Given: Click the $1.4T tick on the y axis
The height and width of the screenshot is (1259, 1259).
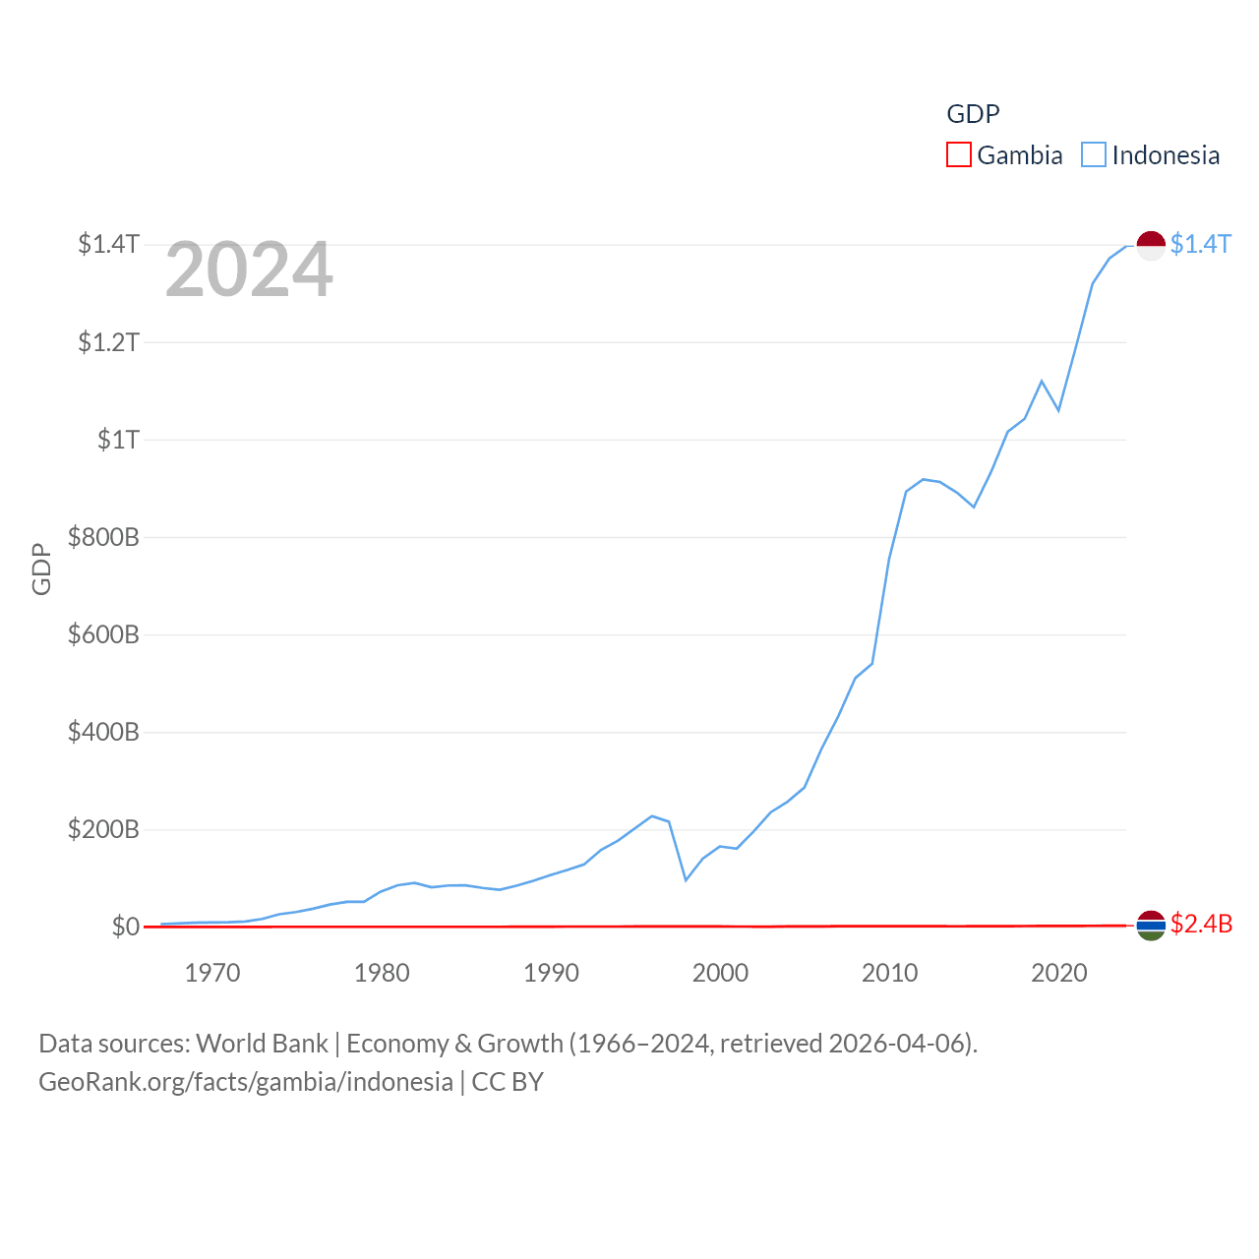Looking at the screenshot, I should pyautogui.click(x=108, y=243).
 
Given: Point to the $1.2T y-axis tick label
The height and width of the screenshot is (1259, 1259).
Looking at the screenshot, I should pyautogui.click(x=108, y=341).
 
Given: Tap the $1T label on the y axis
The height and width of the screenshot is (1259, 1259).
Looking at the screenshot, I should pyautogui.click(x=118, y=439).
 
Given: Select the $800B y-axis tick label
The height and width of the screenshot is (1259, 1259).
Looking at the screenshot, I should pyautogui.click(x=102, y=537).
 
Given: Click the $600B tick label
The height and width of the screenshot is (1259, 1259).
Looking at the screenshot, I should pyautogui.click(x=102, y=634).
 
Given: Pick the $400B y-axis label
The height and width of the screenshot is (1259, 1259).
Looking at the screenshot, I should pyautogui.click(x=102, y=732).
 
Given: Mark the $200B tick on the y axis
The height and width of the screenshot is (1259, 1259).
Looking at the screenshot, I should pyautogui.click(x=102, y=829).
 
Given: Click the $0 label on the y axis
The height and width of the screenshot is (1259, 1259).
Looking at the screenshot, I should pyautogui.click(x=125, y=927).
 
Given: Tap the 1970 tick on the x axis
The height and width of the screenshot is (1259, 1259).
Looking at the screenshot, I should pyautogui.click(x=212, y=973).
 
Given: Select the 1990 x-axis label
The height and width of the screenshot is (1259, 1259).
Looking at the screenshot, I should pyautogui.click(x=551, y=973).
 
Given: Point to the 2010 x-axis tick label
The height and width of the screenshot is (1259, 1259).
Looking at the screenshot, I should pyautogui.click(x=889, y=973).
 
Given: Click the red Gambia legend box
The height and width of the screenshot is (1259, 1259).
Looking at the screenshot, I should pyautogui.click(x=958, y=155).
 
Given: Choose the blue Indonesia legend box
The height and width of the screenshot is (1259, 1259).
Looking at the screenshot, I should pyautogui.click(x=1094, y=155).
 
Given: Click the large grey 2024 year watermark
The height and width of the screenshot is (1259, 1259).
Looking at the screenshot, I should pyautogui.click(x=249, y=270).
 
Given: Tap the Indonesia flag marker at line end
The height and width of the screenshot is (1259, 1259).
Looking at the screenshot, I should pyautogui.click(x=1151, y=245).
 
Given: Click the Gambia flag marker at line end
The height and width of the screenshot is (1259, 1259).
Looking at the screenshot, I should pyautogui.click(x=1151, y=926).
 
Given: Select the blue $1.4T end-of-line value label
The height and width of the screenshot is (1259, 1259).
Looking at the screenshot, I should pyautogui.click(x=1200, y=244).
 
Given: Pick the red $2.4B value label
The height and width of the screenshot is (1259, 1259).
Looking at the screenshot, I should pyautogui.click(x=1201, y=924).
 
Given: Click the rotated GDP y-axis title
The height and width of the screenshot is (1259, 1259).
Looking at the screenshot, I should pyautogui.click(x=41, y=569).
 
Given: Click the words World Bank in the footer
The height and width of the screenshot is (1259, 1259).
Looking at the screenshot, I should pyautogui.click(x=262, y=1043).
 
